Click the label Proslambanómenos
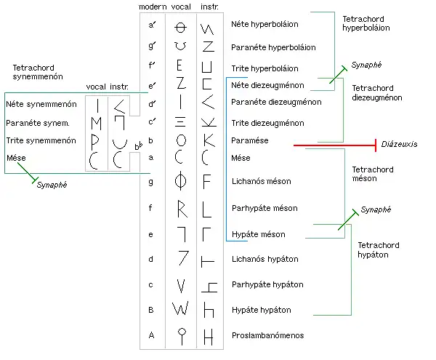tap(267, 336)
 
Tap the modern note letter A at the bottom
tap(152, 335)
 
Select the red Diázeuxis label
tap(400, 145)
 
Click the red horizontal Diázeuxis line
tap(334, 145)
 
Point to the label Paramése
tap(249, 139)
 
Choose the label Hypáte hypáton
tap(260, 310)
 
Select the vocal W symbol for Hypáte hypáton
tap(180, 308)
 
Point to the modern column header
tap(153, 7)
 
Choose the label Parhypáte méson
tap(262, 208)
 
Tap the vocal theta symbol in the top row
tap(181, 27)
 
